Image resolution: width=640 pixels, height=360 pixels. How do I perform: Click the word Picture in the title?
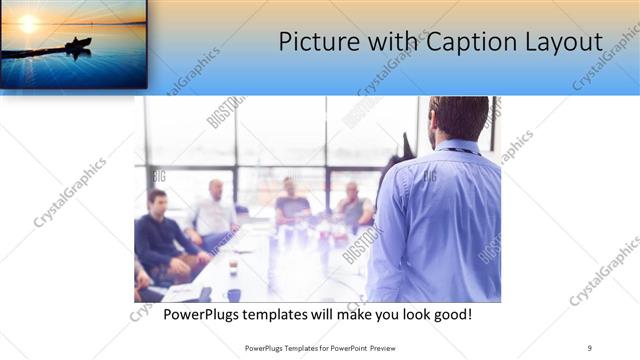pos(312,43)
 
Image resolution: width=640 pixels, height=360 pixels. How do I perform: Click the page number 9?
pos(590,347)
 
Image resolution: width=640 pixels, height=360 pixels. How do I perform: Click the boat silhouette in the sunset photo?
pos(78,44)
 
